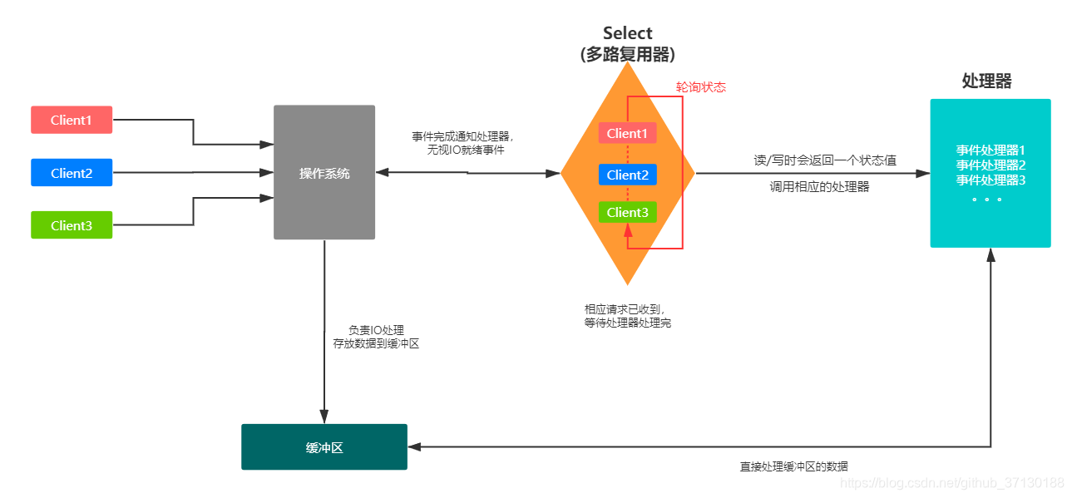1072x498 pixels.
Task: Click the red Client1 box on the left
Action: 72,120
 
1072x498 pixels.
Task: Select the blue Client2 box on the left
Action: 72,173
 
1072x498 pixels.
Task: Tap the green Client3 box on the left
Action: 72,225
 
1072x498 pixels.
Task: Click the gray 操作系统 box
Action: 324,173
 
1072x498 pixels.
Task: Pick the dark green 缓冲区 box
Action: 324,447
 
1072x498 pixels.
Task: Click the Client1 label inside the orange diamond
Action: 627,133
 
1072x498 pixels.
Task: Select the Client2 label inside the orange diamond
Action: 627,175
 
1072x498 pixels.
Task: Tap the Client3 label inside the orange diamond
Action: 627,212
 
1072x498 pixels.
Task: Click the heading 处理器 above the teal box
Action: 987,81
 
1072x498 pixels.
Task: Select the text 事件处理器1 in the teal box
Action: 990,150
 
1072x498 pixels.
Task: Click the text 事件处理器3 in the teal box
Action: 990,180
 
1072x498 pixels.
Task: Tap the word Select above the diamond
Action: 628,33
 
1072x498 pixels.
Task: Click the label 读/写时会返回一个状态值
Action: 825,160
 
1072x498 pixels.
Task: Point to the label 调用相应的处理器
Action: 820,187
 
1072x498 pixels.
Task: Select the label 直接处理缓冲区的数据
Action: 794,466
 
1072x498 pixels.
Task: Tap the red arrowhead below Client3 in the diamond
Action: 628,231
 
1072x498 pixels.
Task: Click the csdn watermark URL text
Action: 951,483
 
